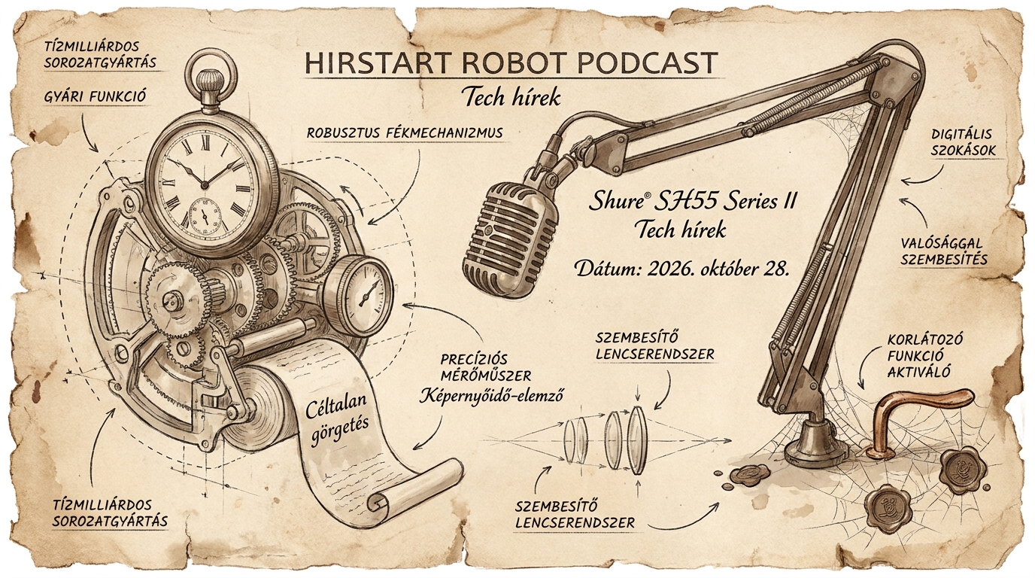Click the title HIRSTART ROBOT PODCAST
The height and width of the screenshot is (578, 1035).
coord(511,63)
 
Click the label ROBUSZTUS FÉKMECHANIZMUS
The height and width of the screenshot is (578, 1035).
coord(405,134)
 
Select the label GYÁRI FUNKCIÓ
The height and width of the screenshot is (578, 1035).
coord(95,96)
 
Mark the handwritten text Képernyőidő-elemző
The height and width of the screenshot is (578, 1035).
coord(490,395)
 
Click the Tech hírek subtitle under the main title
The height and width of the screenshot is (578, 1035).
coord(512,98)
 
